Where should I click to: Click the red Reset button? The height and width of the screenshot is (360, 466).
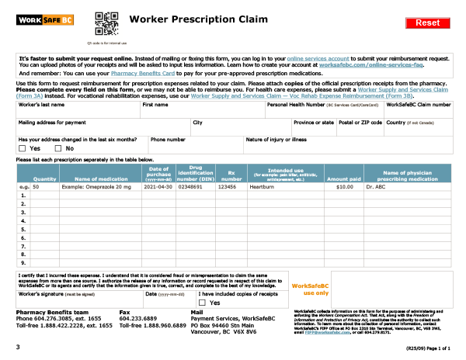coord(427,22)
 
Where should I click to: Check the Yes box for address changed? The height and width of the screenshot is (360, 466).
coord(22,148)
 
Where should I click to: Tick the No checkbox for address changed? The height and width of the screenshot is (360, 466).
coord(57,148)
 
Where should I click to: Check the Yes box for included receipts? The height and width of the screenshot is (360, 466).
coord(203,303)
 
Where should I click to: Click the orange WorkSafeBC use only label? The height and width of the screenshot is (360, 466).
coord(309,289)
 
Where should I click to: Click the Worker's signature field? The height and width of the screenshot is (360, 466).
coord(78,303)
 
